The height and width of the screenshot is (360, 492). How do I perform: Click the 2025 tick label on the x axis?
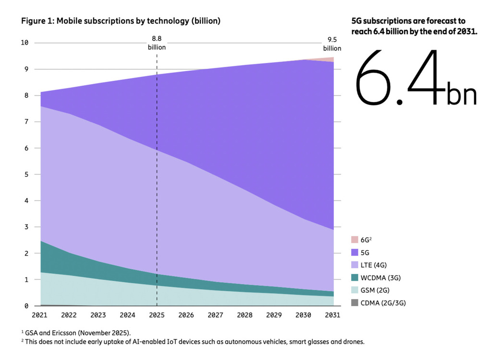157,316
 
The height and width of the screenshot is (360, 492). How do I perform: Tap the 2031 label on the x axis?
332,316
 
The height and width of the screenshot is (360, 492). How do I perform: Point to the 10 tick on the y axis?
25,43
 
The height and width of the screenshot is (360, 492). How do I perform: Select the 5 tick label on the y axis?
26,174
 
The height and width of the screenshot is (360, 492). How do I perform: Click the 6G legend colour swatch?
355,239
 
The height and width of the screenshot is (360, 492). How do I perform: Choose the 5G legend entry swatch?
355,252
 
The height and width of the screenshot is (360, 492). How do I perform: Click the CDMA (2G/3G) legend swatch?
355,303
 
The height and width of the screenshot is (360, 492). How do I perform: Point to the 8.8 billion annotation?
157,43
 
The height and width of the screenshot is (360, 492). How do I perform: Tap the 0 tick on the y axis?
26,306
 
